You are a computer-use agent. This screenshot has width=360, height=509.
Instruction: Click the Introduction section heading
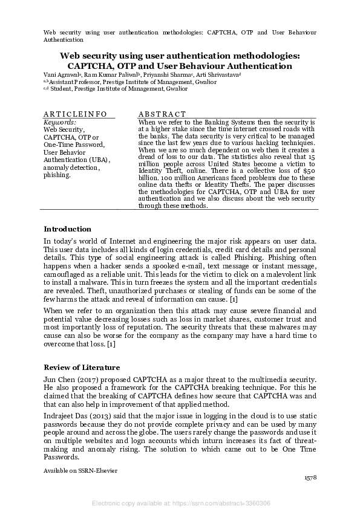67,229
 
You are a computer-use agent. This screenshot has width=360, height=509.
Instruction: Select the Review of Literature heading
82,368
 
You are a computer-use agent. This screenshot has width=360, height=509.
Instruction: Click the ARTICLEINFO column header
75,114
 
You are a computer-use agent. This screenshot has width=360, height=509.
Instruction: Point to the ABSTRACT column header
162,114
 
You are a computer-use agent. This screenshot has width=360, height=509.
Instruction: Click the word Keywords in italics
59,122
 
